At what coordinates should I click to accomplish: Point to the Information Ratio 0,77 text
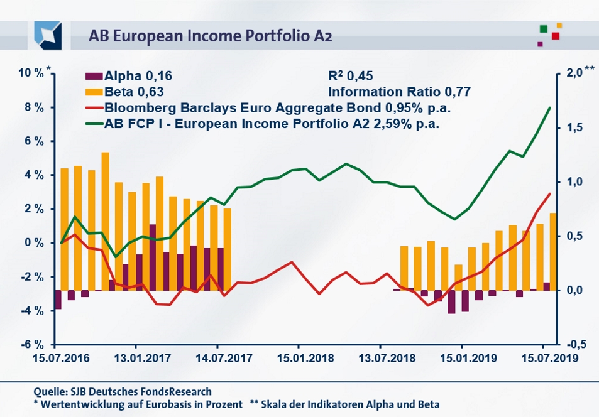coord(399,92)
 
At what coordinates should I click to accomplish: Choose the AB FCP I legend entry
coord(270,123)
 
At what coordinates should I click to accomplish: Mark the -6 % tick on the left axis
coord(32,345)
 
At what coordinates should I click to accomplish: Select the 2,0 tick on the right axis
coord(574,73)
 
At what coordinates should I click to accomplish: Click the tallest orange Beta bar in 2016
coord(106,220)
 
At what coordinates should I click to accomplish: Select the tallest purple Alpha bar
coord(153,257)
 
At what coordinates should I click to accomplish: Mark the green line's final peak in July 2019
coord(550,107)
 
